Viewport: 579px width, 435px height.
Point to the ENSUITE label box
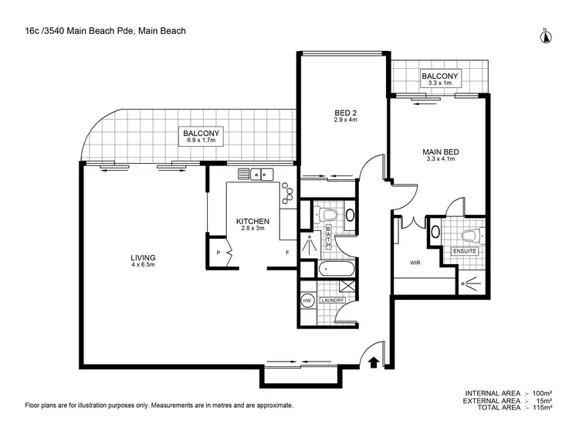coord(465,251)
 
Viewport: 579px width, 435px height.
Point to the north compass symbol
coord(544,34)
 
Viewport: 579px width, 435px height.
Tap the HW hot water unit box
coord(306,300)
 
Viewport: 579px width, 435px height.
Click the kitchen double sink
coord(256,175)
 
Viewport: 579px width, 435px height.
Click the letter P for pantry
coord(218,253)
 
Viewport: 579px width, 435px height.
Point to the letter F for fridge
coord(287,253)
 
